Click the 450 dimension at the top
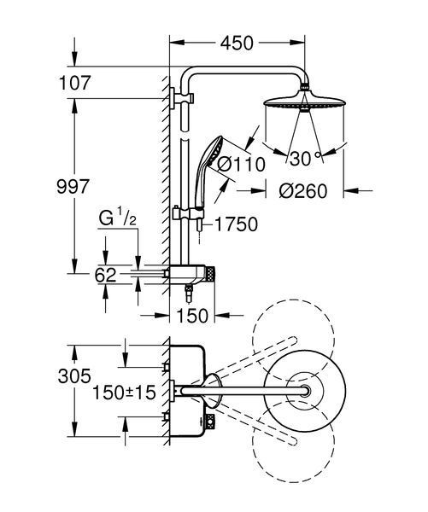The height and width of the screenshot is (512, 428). [x=237, y=44]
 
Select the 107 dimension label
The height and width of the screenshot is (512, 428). [x=73, y=83]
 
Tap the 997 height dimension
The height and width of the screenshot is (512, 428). [x=73, y=187]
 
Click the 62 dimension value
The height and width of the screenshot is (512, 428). [x=105, y=275]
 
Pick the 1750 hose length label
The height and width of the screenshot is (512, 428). [x=236, y=224]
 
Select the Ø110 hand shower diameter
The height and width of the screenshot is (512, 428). [x=241, y=164]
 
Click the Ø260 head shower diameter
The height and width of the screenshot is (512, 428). [x=303, y=191]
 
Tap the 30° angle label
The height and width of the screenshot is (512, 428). [x=304, y=159]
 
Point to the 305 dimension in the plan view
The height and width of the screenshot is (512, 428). [x=74, y=376]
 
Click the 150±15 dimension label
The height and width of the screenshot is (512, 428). [x=124, y=393]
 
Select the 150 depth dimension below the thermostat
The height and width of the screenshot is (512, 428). [x=192, y=316]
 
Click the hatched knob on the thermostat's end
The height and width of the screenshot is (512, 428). [x=210, y=274]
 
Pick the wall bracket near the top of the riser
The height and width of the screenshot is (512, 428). [x=181, y=97]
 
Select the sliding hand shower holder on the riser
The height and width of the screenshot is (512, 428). [x=188, y=214]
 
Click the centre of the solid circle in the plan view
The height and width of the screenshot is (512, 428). [x=305, y=391]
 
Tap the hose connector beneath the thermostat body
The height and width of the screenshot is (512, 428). [x=189, y=294]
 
